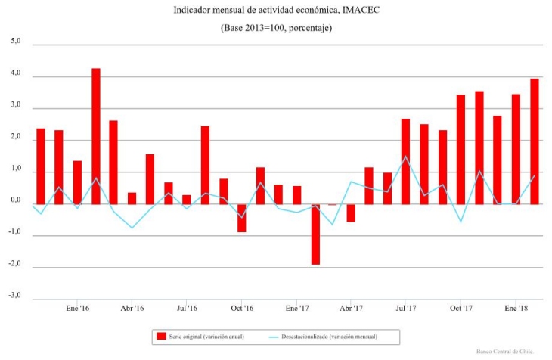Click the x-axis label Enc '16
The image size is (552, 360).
[78, 309]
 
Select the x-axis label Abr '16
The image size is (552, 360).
[132, 309]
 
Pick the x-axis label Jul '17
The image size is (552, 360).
[406, 309]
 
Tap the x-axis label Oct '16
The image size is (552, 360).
[242, 309]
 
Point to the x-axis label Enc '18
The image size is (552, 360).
[516, 309]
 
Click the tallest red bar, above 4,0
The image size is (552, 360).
[96, 136]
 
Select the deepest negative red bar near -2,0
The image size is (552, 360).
[315, 234]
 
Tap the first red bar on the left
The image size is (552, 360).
[41, 166]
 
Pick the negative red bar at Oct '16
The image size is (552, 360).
[242, 218]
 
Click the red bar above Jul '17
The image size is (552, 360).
[406, 161]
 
